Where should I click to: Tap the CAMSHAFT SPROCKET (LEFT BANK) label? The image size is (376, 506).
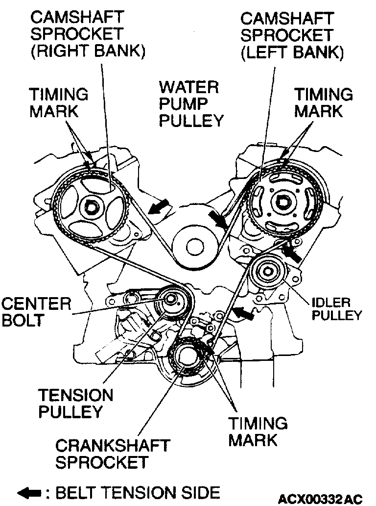pos(293,35)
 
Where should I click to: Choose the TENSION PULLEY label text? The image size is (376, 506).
pos(75,403)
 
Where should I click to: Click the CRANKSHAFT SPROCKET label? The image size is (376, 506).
pos(112,454)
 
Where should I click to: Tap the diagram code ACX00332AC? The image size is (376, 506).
pos(320,499)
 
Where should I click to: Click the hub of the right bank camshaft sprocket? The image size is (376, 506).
pos(91,206)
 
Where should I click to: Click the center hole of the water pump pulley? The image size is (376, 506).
pos(191,245)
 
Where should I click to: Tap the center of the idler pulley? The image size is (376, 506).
pos(269,272)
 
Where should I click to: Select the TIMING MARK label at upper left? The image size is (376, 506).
pos(59,102)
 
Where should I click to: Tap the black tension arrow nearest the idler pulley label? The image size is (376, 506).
pos(245,312)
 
